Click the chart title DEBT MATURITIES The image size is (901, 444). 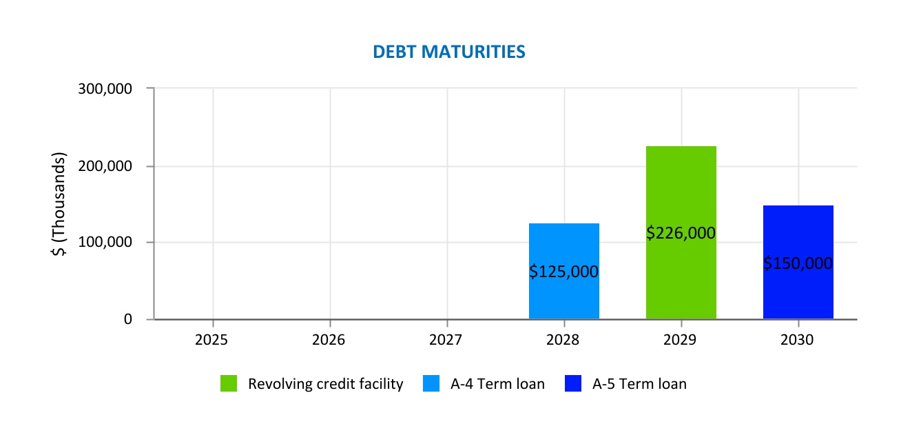tap(449, 52)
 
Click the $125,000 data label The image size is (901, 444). tap(564, 272)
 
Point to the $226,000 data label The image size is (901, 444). tap(681, 233)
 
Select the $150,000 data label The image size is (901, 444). tap(798, 263)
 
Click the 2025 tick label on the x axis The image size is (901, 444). tap(213, 340)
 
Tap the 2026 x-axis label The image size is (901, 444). tap(330, 340)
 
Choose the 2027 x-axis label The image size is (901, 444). tap(447, 340)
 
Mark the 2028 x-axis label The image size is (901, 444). tap(564, 340)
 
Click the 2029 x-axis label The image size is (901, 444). tap(681, 340)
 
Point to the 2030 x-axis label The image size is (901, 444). tap(798, 340)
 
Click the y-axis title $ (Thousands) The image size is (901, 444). tap(59, 204)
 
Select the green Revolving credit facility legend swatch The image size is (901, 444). tap(229, 384)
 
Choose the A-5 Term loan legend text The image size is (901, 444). tap(639, 384)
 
